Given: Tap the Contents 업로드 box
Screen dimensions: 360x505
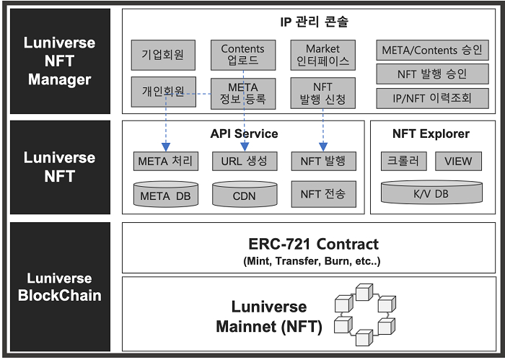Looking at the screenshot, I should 242,55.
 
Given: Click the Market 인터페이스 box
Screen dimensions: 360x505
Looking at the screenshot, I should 322,55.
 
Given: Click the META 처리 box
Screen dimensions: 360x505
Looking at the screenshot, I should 166,161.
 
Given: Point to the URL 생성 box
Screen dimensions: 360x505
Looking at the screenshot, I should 242,161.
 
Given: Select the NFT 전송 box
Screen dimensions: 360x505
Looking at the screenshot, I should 322,193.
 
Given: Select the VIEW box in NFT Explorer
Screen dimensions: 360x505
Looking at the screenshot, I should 458,161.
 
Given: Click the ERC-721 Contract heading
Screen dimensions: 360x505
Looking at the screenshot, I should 312,244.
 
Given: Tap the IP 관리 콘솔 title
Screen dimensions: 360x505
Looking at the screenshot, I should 312,22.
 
